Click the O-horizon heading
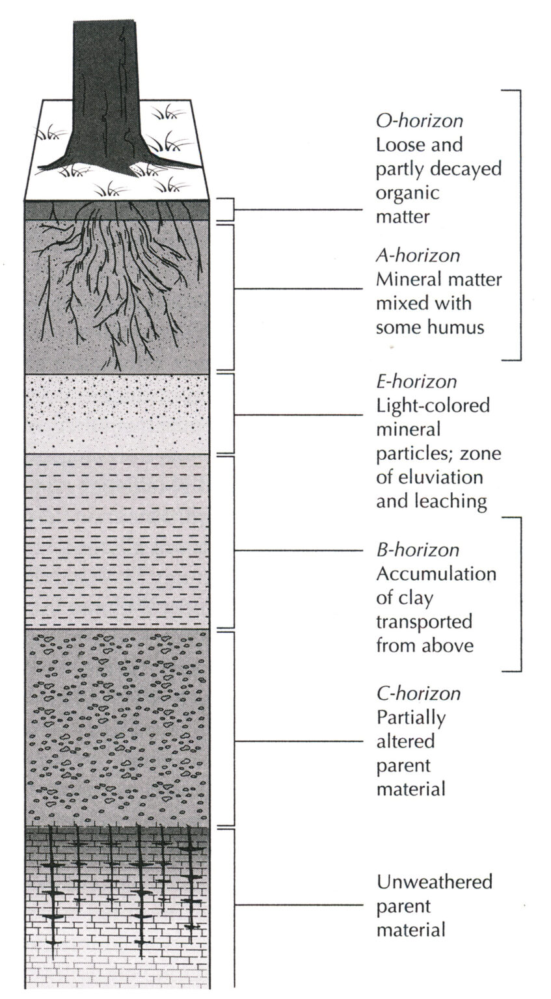(420, 121)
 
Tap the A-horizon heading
(418, 256)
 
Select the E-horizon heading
(417, 382)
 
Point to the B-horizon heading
(418, 550)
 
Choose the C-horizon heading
(418, 693)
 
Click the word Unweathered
(435, 882)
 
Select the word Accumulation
(437, 574)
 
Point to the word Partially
(411, 718)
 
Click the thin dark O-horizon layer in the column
(117, 211)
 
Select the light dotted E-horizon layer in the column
(117, 414)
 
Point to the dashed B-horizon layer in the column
(117, 541)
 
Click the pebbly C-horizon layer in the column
(117, 727)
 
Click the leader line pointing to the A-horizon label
(299, 289)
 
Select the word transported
(424, 622)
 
